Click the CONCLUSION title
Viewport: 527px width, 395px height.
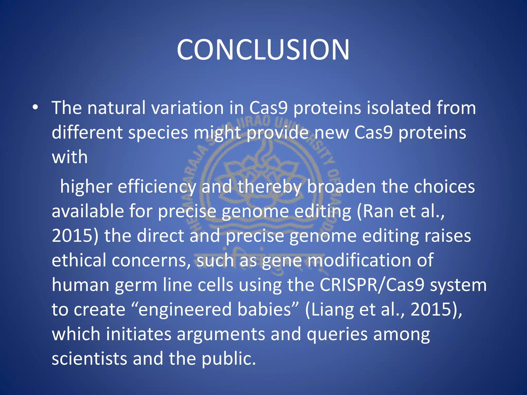263,50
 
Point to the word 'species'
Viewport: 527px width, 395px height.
158,133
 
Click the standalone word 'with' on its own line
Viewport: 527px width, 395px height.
70,157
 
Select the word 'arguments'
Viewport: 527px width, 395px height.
221,334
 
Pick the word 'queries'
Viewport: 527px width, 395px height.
337,334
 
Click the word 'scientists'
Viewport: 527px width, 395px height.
89,358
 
